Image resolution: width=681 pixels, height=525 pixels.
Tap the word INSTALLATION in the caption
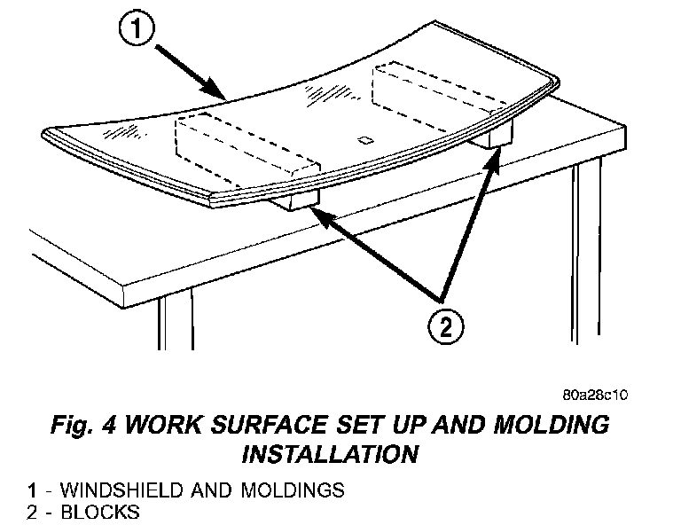pyautogui.click(x=330, y=454)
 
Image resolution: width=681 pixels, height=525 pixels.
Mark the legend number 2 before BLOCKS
pyautogui.click(x=32, y=512)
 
